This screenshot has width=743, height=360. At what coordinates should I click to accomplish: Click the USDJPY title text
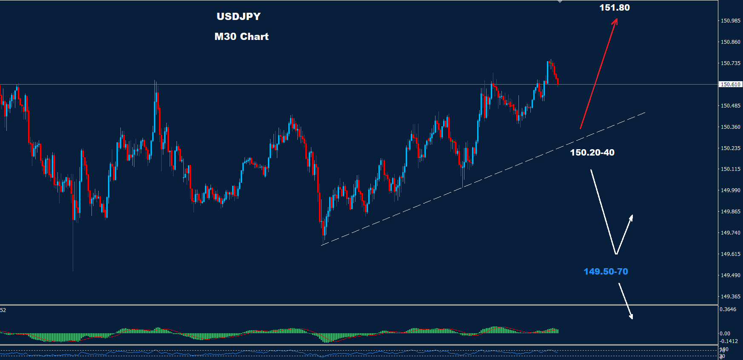[x=239, y=17]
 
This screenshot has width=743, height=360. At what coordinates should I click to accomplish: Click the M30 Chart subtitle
[x=242, y=37]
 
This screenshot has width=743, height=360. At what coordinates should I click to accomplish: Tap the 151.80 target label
[x=615, y=8]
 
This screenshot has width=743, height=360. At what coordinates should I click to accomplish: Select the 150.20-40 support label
[x=592, y=153]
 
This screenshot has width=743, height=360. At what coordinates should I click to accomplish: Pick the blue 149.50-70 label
[x=606, y=272]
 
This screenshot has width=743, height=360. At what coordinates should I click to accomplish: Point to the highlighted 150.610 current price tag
[x=730, y=85]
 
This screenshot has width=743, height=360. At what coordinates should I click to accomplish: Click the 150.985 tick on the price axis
[x=730, y=21]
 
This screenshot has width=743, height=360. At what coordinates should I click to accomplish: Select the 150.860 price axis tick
[x=730, y=42]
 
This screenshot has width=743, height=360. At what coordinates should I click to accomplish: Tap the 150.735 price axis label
[x=730, y=63]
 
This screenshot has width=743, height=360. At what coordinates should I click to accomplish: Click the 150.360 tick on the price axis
[x=730, y=127]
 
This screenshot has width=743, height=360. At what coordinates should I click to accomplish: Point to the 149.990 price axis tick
[x=730, y=190]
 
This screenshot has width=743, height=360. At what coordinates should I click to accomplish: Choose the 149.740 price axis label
[x=730, y=233]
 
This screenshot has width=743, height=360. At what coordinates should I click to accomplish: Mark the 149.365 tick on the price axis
[x=730, y=297]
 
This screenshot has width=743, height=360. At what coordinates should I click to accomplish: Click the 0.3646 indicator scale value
[x=728, y=309]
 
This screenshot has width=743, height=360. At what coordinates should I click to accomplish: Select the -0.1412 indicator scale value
[x=729, y=341]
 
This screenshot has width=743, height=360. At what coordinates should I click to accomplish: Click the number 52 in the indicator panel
[x=3, y=310]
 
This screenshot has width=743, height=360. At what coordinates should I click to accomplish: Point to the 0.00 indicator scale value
[x=725, y=334]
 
